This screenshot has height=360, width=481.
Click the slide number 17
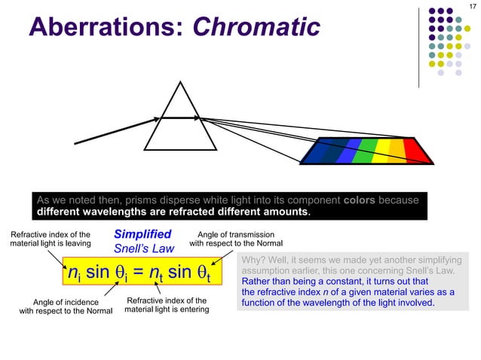point(473,7)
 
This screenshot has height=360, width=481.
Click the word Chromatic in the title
point(257,28)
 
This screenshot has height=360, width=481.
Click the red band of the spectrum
point(416,150)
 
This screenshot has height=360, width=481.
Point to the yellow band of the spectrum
point(384,150)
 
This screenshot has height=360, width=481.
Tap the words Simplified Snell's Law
point(142,240)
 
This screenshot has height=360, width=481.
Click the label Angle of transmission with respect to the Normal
point(236,239)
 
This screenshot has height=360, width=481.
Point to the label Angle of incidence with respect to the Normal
point(66,307)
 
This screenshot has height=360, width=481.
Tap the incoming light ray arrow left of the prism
point(113,130)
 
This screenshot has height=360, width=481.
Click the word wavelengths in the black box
point(106,212)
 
